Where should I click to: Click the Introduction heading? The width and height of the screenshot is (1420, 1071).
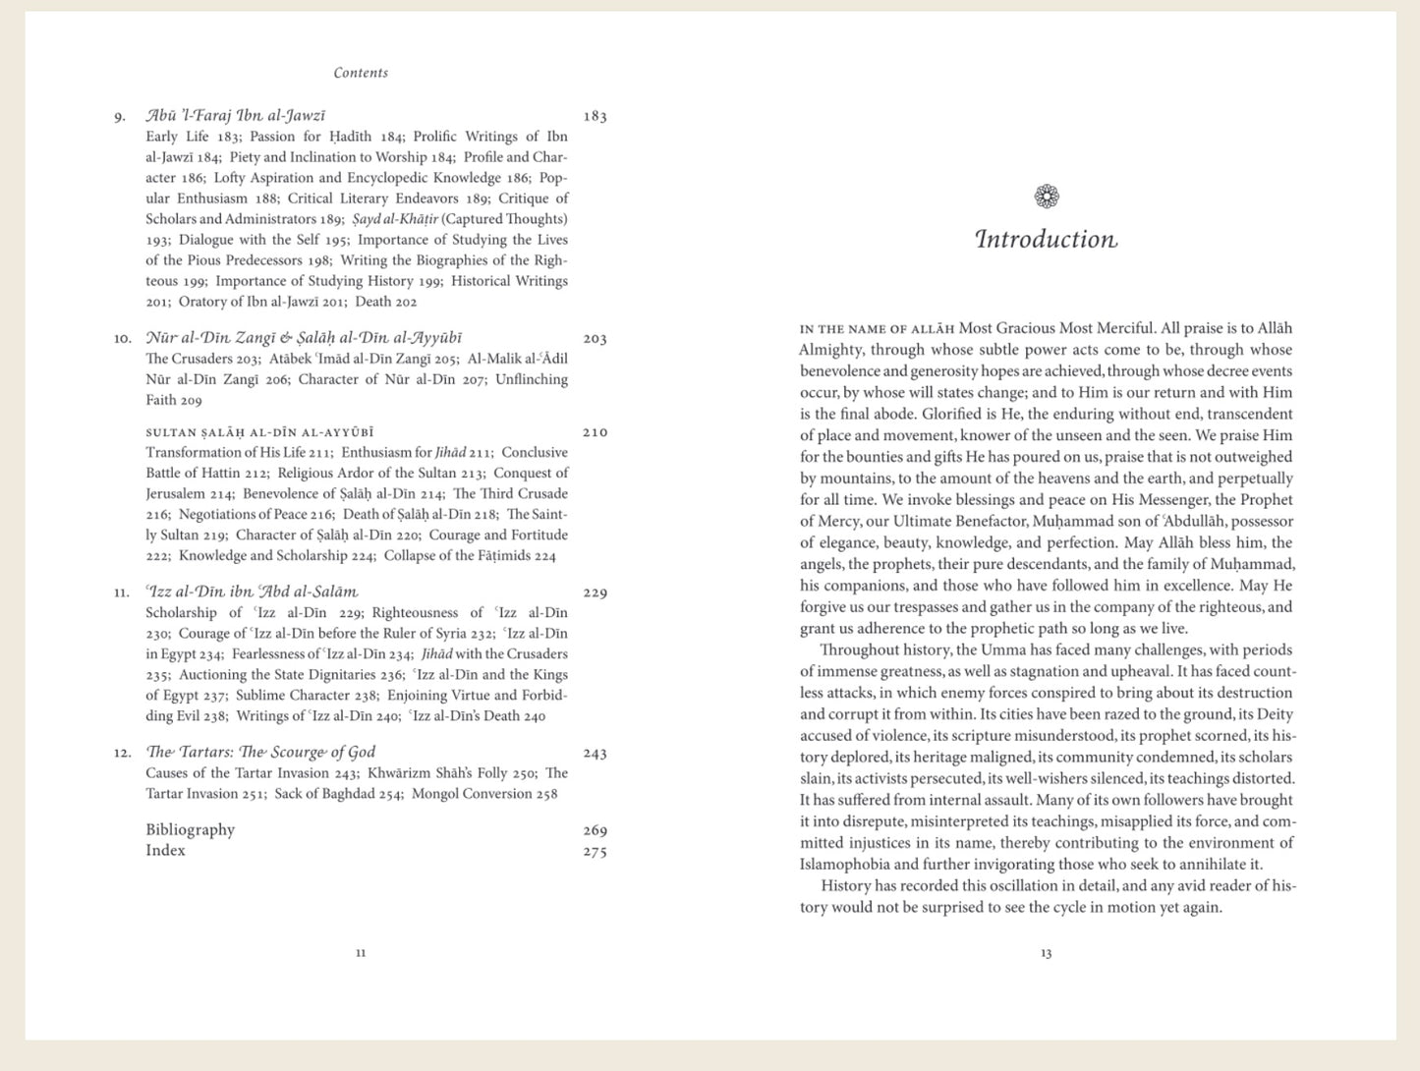(x=1046, y=240)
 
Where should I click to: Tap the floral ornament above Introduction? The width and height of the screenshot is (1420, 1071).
(x=1047, y=197)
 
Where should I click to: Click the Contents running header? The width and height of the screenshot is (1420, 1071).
(x=361, y=73)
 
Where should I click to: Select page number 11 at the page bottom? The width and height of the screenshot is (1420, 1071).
(x=361, y=952)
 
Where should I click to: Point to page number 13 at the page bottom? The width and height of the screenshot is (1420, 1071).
(x=1046, y=953)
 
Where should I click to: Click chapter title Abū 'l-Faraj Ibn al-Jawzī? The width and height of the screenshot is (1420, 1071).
(x=236, y=116)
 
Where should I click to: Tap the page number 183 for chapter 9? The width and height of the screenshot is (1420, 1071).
(x=595, y=117)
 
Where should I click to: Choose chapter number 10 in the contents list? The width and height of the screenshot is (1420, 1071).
(x=122, y=339)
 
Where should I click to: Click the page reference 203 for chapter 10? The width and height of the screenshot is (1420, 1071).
(x=595, y=339)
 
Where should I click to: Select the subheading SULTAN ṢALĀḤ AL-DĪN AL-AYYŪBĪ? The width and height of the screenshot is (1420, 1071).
(x=259, y=432)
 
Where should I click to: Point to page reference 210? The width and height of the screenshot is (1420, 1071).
(x=595, y=432)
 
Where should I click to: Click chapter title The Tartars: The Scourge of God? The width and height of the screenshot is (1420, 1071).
(x=260, y=753)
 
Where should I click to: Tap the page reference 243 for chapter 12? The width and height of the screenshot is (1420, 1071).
(x=595, y=754)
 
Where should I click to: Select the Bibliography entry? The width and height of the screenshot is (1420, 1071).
(x=191, y=830)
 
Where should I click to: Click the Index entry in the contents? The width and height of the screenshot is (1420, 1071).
(x=165, y=851)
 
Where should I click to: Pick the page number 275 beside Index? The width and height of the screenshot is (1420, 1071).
(x=595, y=852)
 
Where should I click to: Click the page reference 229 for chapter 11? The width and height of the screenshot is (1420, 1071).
(x=595, y=592)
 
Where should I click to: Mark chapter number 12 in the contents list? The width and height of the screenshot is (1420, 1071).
(x=122, y=754)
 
